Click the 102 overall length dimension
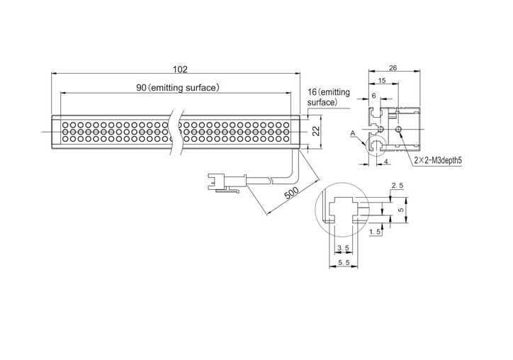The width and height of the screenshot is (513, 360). click(x=180, y=69)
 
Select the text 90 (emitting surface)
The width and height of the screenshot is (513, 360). click(x=178, y=88)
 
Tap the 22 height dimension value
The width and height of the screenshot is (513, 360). click(x=316, y=131)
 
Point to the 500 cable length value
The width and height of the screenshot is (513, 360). click(x=291, y=193)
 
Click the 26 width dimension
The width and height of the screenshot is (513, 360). click(x=393, y=68)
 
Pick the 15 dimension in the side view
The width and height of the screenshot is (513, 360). click(x=382, y=80)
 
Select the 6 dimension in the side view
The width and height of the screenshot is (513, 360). click(x=374, y=96)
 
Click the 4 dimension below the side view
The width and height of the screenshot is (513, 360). click(x=386, y=162)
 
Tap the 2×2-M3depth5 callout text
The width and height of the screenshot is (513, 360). click(x=438, y=160)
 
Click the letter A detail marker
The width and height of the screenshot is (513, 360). click(x=352, y=133)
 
